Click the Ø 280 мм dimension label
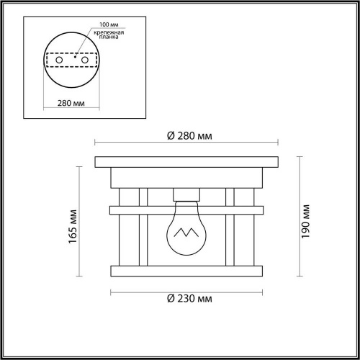click(188, 136)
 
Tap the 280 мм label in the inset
click(68, 102)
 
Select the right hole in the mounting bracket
click(83, 60)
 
